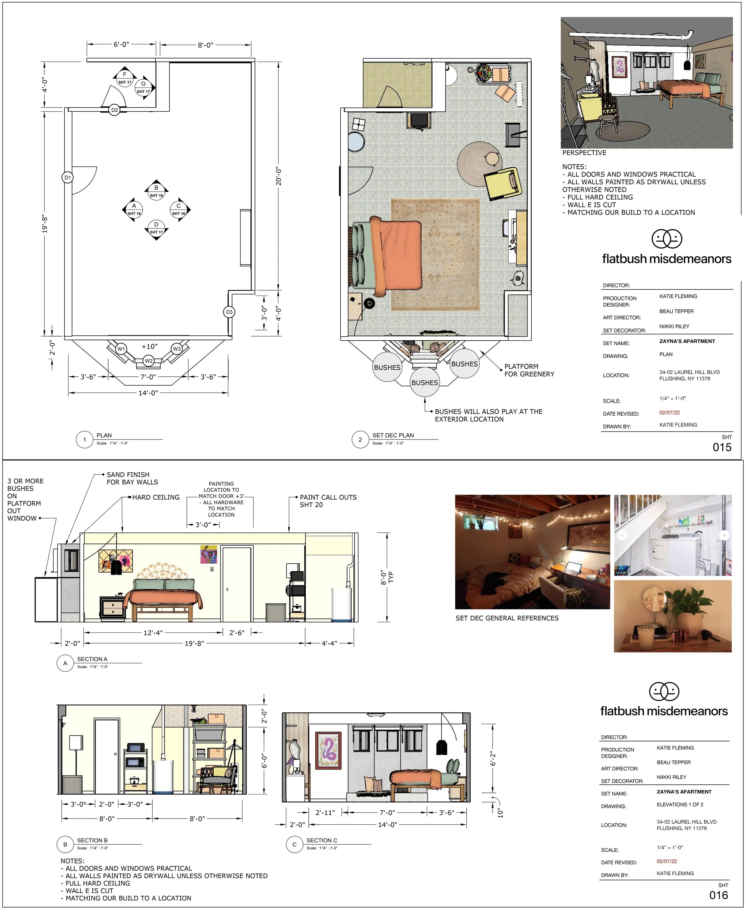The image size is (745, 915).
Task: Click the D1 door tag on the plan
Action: (67, 177)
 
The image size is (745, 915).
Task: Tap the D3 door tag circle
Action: (229, 312)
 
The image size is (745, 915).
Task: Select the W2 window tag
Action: (148, 361)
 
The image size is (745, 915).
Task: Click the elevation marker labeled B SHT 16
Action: (156, 191)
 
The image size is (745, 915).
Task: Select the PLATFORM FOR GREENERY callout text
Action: (529, 370)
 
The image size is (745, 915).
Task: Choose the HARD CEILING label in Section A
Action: (156, 497)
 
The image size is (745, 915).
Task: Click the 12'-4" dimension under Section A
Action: (153, 632)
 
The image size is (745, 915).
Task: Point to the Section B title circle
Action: (65, 844)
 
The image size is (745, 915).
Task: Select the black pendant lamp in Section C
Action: (442, 748)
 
